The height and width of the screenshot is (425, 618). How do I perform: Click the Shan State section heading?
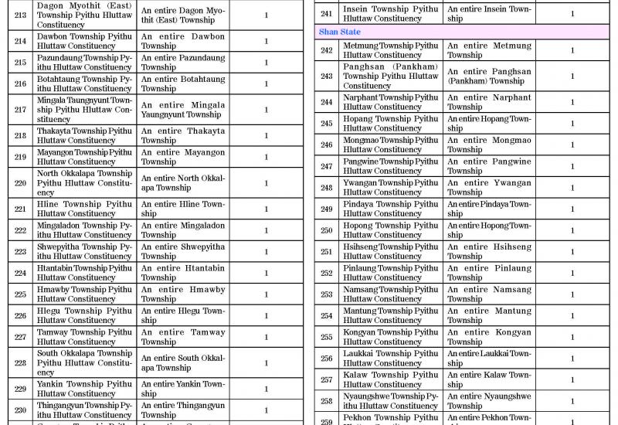tap(340, 32)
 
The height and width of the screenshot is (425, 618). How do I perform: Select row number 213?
tap(20, 15)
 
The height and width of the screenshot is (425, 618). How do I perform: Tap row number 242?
tap(327, 50)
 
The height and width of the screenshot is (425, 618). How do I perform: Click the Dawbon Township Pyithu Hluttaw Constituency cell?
tap(84, 41)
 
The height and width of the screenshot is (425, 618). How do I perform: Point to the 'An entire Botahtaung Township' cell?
tap(182, 83)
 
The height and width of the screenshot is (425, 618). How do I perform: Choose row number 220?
tap(20, 183)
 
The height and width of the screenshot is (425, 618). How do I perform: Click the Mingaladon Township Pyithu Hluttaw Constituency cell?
tap(84, 230)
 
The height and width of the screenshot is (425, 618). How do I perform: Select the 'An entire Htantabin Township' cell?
tap(182, 273)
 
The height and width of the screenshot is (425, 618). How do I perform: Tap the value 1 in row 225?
tap(267, 294)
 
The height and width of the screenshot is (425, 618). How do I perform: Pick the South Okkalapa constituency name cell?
tap(84, 362)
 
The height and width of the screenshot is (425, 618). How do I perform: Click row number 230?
tap(20, 410)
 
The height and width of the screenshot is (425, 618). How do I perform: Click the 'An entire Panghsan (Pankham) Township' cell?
tap(489, 76)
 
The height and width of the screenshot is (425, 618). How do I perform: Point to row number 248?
tap(327, 188)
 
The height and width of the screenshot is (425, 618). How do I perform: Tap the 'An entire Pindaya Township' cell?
tap(489, 209)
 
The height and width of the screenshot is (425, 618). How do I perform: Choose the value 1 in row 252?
tap(572, 273)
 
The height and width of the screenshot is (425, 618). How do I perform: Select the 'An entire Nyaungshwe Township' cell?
tap(489, 401)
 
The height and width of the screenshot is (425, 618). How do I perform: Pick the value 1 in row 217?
tap(267, 110)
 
